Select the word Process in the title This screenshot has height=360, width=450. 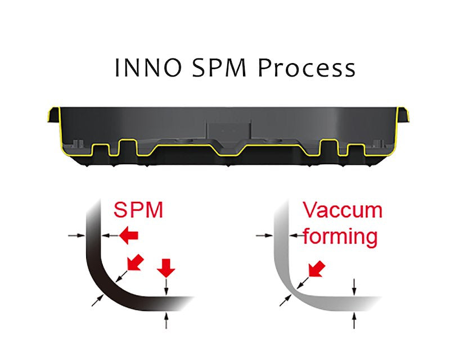tap(306, 69)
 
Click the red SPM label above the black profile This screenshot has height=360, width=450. tap(138, 210)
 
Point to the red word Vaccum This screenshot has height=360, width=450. tap(343, 210)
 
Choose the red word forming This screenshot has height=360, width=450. tap(340, 236)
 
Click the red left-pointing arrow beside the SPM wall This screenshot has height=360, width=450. tap(129, 236)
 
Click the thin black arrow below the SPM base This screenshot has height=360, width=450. tap(166, 321)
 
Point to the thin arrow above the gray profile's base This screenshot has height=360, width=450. tap(354, 285)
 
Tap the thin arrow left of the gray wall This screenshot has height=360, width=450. tap(264, 236)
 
